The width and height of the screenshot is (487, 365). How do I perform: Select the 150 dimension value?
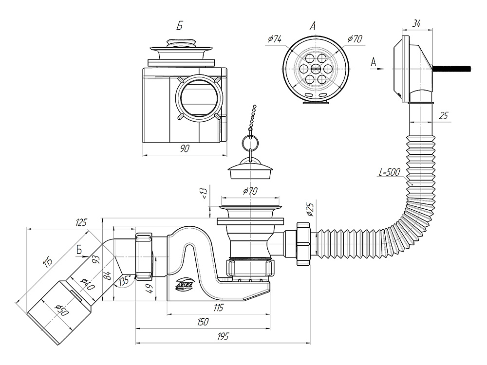coord(204,322)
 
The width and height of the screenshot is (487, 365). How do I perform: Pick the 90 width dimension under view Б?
coord(185,149)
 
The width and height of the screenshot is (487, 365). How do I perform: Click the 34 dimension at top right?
coord(416,23)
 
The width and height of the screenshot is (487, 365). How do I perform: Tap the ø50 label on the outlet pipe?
coord(61,310)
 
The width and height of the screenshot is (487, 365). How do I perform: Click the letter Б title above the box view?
coord(179,27)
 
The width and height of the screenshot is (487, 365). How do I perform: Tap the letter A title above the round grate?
coord(313,26)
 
